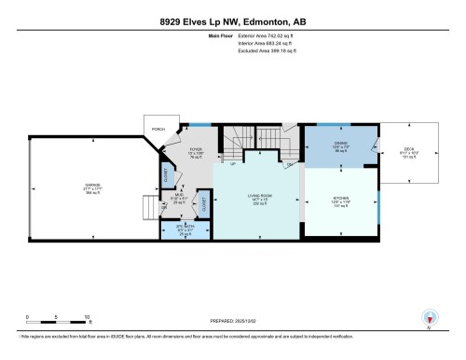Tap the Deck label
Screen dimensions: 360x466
pyautogui.click(x=408, y=153)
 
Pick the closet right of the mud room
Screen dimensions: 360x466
pyautogui.click(x=204, y=201)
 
